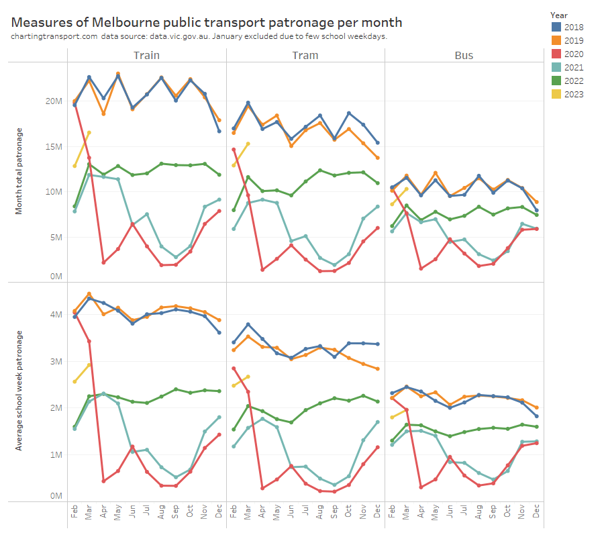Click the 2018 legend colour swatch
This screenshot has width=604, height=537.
click(x=556, y=27)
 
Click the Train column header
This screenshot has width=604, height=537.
click(x=146, y=55)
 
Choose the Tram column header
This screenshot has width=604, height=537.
click(x=305, y=55)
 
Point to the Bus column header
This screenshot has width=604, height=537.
click(x=464, y=55)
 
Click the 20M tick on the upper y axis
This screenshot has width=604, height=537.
click(x=54, y=101)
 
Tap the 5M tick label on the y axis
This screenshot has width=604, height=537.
click(x=56, y=237)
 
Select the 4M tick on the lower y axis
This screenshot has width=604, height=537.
click(x=56, y=314)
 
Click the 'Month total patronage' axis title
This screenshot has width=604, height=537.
click(x=19, y=170)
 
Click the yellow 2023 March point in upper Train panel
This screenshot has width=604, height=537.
click(x=89, y=133)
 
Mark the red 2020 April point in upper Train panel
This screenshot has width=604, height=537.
click(x=103, y=262)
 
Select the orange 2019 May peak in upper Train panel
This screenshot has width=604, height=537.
click(x=118, y=74)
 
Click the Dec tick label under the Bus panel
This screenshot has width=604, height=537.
click(x=536, y=512)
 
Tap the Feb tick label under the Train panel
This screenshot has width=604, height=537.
click(x=74, y=512)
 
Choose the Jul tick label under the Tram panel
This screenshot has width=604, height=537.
click(x=305, y=512)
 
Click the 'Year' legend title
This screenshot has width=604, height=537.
click(x=559, y=14)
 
